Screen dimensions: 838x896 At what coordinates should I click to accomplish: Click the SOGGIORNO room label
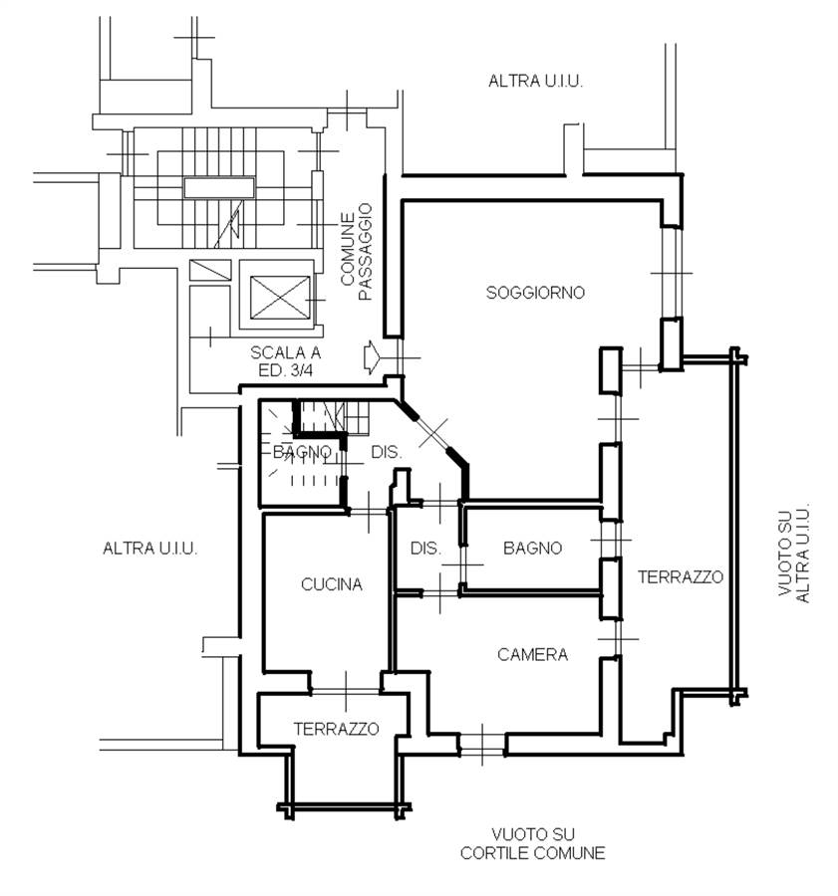(535, 293)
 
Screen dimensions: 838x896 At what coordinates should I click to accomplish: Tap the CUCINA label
(332, 584)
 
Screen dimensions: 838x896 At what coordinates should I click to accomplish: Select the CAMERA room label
(532, 654)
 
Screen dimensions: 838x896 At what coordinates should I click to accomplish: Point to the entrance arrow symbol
(372, 357)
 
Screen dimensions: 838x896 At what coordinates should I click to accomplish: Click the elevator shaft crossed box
(280, 297)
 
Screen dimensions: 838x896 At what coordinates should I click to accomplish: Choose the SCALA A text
(285, 352)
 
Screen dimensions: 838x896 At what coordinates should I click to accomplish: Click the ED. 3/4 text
(285, 370)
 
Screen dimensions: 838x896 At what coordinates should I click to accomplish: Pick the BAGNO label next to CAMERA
(532, 548)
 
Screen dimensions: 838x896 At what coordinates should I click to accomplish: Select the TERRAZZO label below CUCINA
(337, 729)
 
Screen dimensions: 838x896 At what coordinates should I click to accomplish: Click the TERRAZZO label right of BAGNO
(681, 577)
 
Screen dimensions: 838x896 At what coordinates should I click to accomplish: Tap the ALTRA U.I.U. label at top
(535, 82)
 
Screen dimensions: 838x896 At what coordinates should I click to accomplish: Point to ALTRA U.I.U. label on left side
(149, 549)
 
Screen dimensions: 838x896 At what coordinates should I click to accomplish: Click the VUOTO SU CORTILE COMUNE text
(532, 844)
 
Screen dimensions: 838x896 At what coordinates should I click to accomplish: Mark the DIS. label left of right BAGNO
(425, 548)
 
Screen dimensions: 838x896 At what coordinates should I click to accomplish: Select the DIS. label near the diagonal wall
(387, 452)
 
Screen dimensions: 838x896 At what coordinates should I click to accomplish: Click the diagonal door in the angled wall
(433, 433)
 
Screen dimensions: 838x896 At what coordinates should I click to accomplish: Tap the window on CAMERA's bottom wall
(482, 745)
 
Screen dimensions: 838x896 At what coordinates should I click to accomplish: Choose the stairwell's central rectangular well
(219, 187)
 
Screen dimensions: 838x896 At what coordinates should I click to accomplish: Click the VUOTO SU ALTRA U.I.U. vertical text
(794, 553)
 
